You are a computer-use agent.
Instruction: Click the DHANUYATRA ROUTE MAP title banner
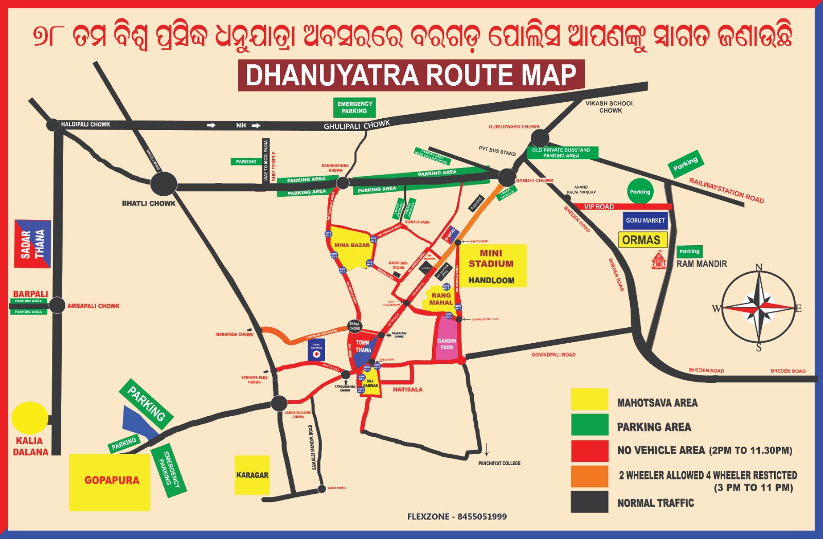(411, 76)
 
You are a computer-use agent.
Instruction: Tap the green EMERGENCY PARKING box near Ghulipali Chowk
(354, 107)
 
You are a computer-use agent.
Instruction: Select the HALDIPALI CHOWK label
(85, 124)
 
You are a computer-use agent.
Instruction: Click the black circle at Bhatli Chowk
(164, 183)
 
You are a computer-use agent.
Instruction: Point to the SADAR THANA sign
(32, 244)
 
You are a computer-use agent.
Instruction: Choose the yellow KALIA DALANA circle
(30, 418)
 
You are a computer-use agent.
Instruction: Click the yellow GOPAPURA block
(110, 482)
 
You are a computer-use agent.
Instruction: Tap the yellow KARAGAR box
(252, 475)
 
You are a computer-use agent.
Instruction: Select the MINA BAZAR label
(352, 245)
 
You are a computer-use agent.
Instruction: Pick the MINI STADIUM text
(491, 258)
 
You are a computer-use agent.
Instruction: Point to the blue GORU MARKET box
(645, 220)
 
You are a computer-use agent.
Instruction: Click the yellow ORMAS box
(641, 240)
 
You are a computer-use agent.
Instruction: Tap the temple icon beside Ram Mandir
(658, 260)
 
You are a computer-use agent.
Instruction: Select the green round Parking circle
(640, 192)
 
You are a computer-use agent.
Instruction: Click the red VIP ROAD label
(599, 207)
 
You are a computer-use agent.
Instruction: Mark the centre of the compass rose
(759, 308)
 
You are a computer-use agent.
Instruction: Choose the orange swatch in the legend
(589, 476)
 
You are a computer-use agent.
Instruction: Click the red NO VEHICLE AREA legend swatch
(589, 451)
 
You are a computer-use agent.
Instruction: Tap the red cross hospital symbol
(316, 354)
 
